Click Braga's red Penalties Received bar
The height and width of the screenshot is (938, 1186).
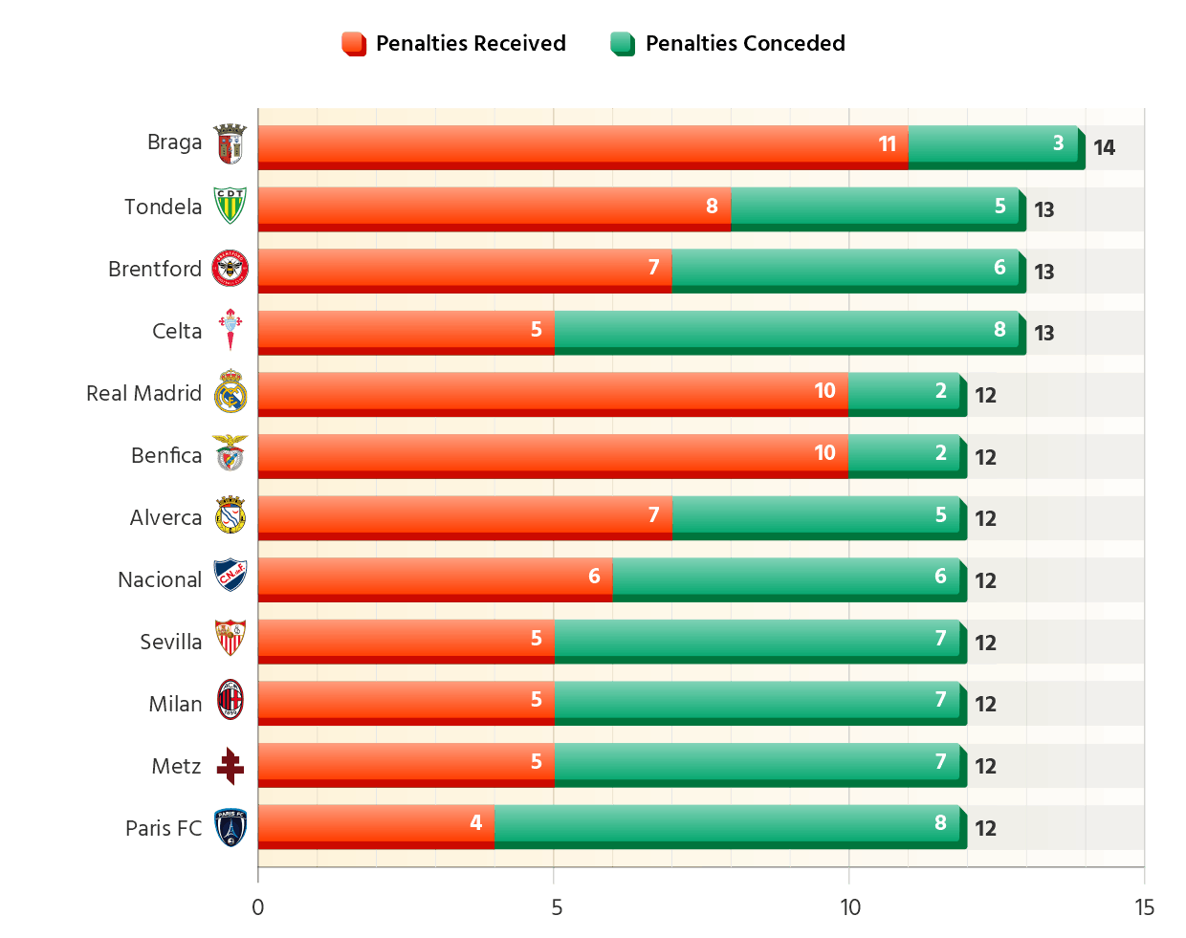pos(582,145)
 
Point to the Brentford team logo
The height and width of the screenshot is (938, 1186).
pos(231,269)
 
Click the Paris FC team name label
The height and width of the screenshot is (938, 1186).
pos(164,828)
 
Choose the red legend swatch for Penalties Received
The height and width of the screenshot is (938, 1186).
pos(354,43)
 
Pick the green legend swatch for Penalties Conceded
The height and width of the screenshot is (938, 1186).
pos(623,43)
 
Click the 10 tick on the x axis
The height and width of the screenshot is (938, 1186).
pos(849,907)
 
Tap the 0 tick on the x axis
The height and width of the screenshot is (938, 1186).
pos(258,907)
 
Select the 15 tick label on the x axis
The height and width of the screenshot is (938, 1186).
pos(1144,907)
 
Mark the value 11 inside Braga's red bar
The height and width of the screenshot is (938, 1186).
pos(887,144)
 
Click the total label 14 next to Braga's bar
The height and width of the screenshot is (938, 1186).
pos(1104,147)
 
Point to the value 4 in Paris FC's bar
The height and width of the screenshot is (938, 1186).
pos(475,823)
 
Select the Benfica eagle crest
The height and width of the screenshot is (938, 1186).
pos(231,455)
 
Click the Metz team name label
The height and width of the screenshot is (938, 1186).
pos(177,766)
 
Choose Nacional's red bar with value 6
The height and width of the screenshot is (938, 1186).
pos(435,578)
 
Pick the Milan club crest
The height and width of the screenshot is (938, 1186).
pos(231,703)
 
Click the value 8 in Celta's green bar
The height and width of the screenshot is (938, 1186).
pos(999,330)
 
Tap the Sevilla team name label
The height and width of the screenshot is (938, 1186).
pos(171,642)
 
